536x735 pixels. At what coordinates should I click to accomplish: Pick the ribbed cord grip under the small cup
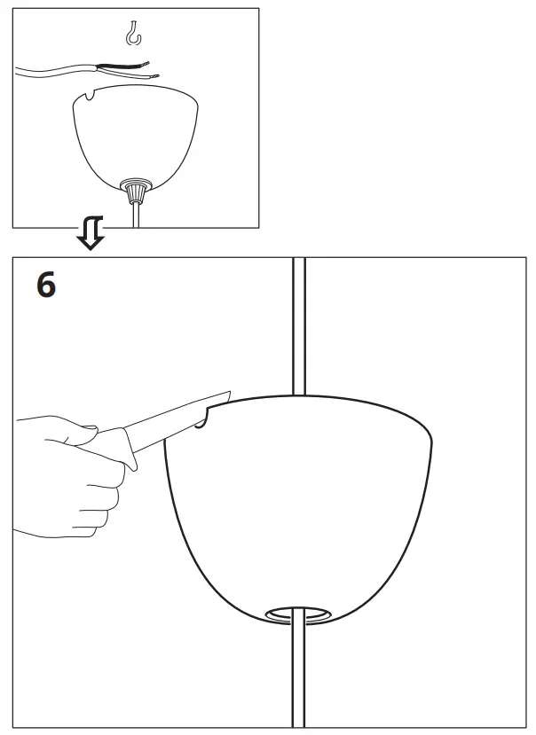point(136,189)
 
